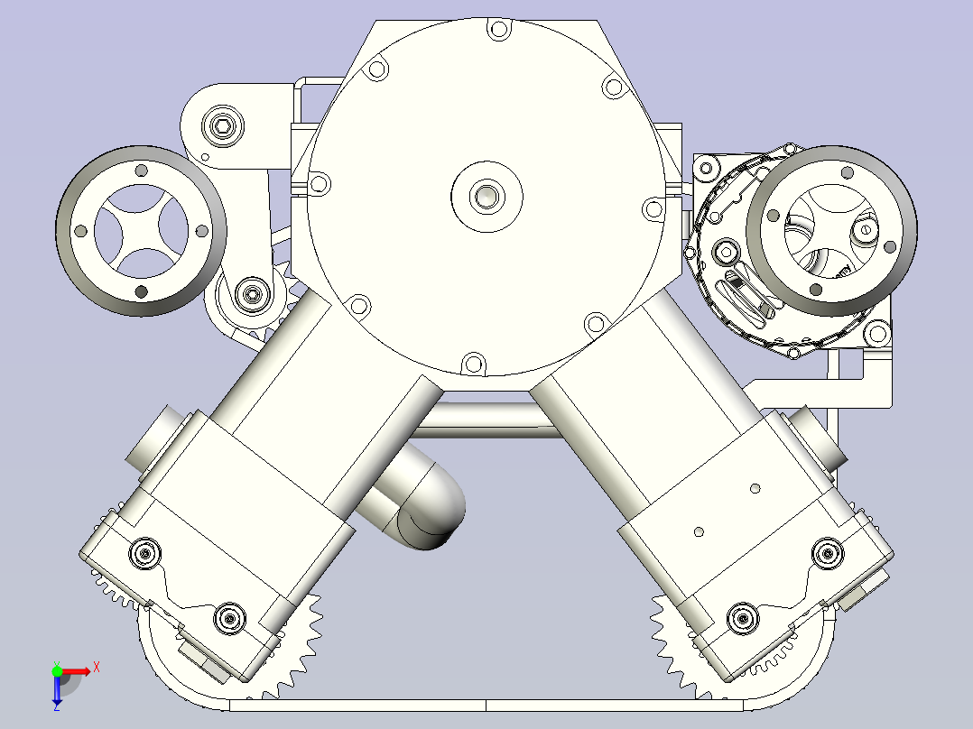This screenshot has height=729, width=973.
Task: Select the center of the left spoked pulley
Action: point(141,230)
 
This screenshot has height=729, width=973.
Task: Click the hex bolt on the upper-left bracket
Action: point(223,125)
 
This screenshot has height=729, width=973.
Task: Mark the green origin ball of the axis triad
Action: point(58,671)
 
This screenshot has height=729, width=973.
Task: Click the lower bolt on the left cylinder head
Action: point(229,618)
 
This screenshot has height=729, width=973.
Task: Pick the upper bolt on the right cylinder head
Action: point(827,553)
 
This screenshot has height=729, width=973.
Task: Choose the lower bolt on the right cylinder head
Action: point(742,618)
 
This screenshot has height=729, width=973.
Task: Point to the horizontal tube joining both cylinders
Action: point(487,420)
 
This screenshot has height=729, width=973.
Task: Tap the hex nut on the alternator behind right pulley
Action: point(727,252)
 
